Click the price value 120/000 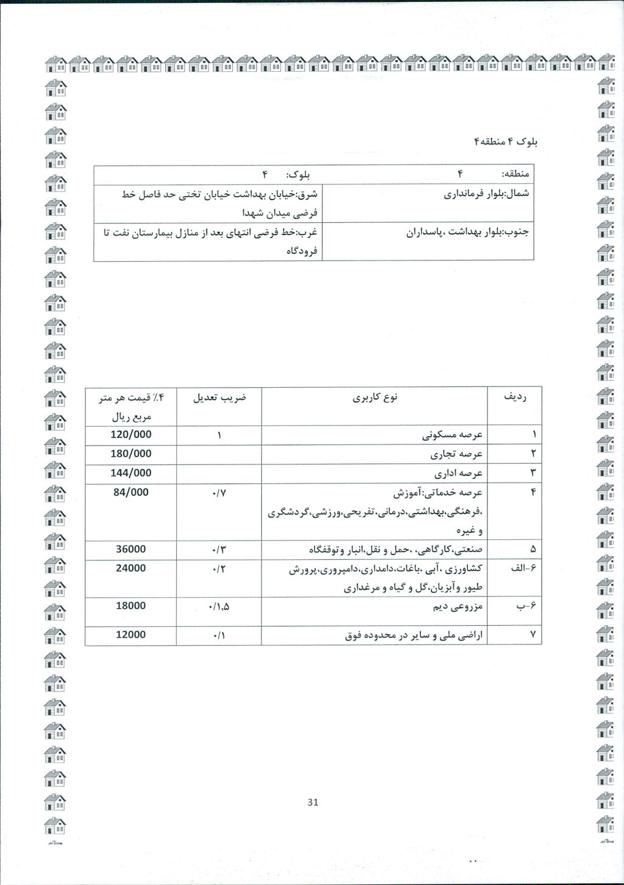pos(131,435)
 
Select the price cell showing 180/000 pos(131,454)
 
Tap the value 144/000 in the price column pos(131,473)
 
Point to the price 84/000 pos(131,492)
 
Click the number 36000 pos(131,549)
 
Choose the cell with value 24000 pos(131,568)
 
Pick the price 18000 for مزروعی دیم pos(131,606)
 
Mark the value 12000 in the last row pos(131,634)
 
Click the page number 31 pos(313,802)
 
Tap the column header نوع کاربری pos(375,398)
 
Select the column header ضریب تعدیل pos(219,398)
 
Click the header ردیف pos(515,397)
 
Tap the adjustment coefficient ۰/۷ pos(219,492)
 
